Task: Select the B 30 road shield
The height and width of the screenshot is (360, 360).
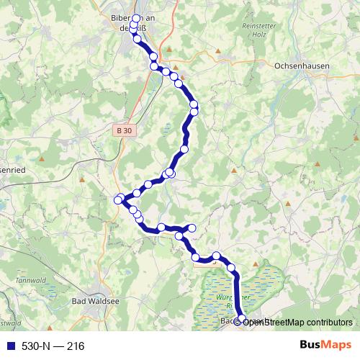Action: [x=124, y=130]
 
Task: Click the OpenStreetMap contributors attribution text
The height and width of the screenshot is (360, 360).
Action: [x=297, y=322]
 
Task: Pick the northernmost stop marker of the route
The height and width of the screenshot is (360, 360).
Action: [x=136, y=18]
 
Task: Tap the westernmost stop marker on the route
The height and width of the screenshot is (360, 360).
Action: [x=118, y=199]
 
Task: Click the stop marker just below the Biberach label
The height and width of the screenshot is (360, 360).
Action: [x=137, y=39]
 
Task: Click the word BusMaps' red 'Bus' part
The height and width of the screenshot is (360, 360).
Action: [x=310, y=346]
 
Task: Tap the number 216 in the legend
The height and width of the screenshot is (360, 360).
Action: [x=76, y=346]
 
